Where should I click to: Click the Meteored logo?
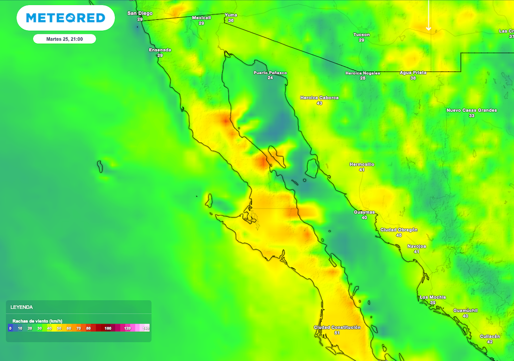(x=65, y=18)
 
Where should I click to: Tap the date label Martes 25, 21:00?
(x=64, y=39)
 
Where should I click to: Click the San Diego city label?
(x=140, y=14)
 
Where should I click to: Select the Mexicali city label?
(x=201, y=18)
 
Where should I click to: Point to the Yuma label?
(x=231, y=15)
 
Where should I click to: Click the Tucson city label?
(x=361, y=35)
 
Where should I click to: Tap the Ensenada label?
(x=160, y=50)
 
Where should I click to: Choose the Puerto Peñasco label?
(x=270, y=73)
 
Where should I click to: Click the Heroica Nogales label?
(x=362, y=73)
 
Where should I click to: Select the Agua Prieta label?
(x=413, y=73)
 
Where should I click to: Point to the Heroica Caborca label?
(x=319, y=98)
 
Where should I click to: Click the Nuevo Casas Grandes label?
(x=471, y=110)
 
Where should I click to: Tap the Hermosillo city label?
(x=361, y=164)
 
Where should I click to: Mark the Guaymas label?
(x=364, y=212)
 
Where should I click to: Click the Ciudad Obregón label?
(x=399, y=230)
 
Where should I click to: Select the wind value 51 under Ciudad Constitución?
(x=337, y=333)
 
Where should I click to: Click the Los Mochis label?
(x=432, y=297)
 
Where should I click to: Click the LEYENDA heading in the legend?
(x=22, y=307)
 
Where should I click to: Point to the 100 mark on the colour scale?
(x=107, y=328)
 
